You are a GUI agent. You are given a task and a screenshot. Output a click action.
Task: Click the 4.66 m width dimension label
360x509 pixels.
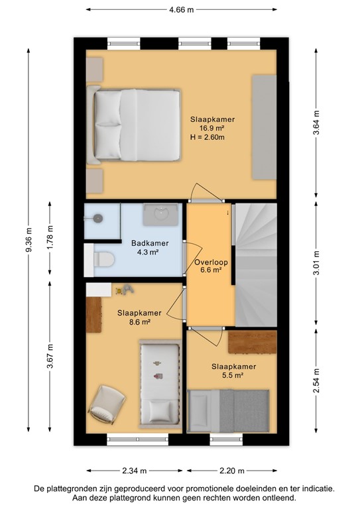coord(181,10)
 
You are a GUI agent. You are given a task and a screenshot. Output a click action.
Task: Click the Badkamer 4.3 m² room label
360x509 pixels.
coord(149,247)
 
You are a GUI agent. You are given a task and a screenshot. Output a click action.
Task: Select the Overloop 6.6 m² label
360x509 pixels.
coord(208,266)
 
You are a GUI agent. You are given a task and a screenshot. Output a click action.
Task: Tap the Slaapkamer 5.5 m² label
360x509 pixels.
coord(233,370)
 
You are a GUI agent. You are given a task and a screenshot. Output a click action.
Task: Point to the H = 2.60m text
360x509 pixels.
coord(208,138)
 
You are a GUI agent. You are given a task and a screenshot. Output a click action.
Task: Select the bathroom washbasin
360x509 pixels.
coord(161,213)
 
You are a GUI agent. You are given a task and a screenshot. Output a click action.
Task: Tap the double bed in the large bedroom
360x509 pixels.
coord(137,126)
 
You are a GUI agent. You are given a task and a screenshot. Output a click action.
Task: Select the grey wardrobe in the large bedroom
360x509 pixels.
coord(263,126)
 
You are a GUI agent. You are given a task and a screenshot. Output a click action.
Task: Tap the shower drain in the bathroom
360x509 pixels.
coord(99,217)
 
